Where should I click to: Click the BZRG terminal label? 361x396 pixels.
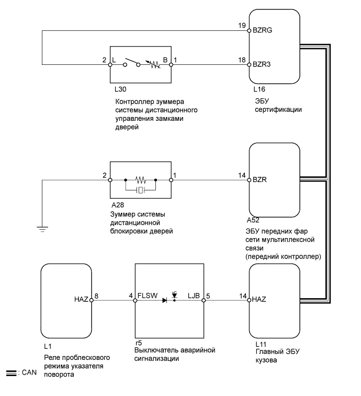pyautogui.click(x=262, y=30)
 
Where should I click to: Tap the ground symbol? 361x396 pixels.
pyautogui.click(x=43, y=228)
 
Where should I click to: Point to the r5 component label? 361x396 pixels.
pyautogui.click(x=138, y=343)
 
